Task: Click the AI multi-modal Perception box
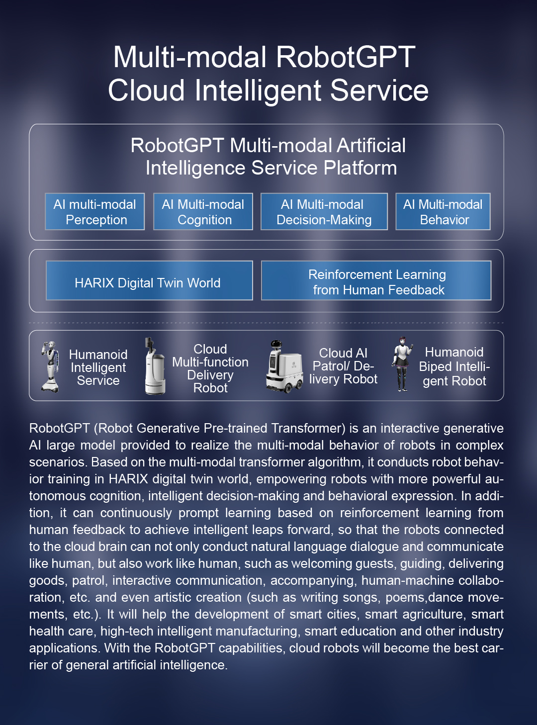(x=95, y=211)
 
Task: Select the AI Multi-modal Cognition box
(x=203, y=211)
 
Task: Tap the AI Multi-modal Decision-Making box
(x=324, y=211)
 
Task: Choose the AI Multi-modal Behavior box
(x=443, y=211)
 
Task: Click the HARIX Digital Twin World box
(x=149, y=280)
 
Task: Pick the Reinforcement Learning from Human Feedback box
(x=376, y=280)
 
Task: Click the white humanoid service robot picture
(x=50, y=367)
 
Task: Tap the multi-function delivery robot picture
(x=155, y=366)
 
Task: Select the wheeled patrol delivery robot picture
(x=284, y=366)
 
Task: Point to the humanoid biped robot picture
(x=402, y=364)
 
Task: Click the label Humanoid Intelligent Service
(x=98, y=367)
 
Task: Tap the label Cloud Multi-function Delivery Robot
(x=210, y=368)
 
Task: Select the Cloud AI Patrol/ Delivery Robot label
(x=343, y=366)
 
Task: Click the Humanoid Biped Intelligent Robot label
(x=454, y=366)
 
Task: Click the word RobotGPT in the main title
(x=346, y=57)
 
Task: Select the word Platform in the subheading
(x=360, y=168)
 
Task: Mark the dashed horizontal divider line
(x=267, y=323)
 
